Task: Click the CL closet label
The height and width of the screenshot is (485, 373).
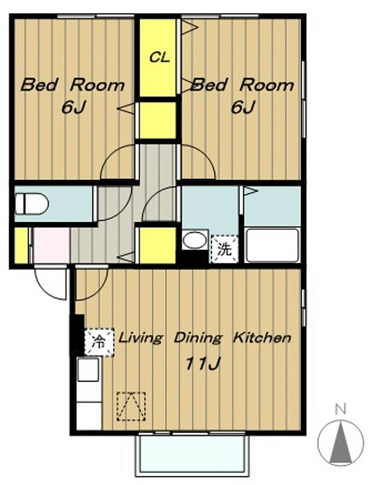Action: tap(160, 57)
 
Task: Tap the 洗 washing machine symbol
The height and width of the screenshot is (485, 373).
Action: tap(224, 249)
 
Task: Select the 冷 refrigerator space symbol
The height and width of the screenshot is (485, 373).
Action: tap(99, 342)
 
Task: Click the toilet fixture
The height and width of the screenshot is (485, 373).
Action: tap(32, 204)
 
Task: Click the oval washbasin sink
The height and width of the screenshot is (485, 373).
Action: tap(194, 240)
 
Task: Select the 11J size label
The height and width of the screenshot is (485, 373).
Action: tap(202, 363)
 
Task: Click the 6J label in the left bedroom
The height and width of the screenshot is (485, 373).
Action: tap(74, 108)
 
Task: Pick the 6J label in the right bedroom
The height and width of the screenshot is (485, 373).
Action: tap(243, 108)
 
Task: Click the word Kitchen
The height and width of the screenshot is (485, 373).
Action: tap(262, 337)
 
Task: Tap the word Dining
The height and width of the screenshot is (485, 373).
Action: tap(198, 338)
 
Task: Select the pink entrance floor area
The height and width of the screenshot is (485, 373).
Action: tap(52, 245)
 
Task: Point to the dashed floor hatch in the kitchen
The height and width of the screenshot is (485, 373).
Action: tap(131, 406)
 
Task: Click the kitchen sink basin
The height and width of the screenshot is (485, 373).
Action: tap(88, 370)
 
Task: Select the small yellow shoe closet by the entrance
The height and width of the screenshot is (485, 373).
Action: tap(21, 246)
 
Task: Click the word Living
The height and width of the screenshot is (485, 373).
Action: tap(141, 338)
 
